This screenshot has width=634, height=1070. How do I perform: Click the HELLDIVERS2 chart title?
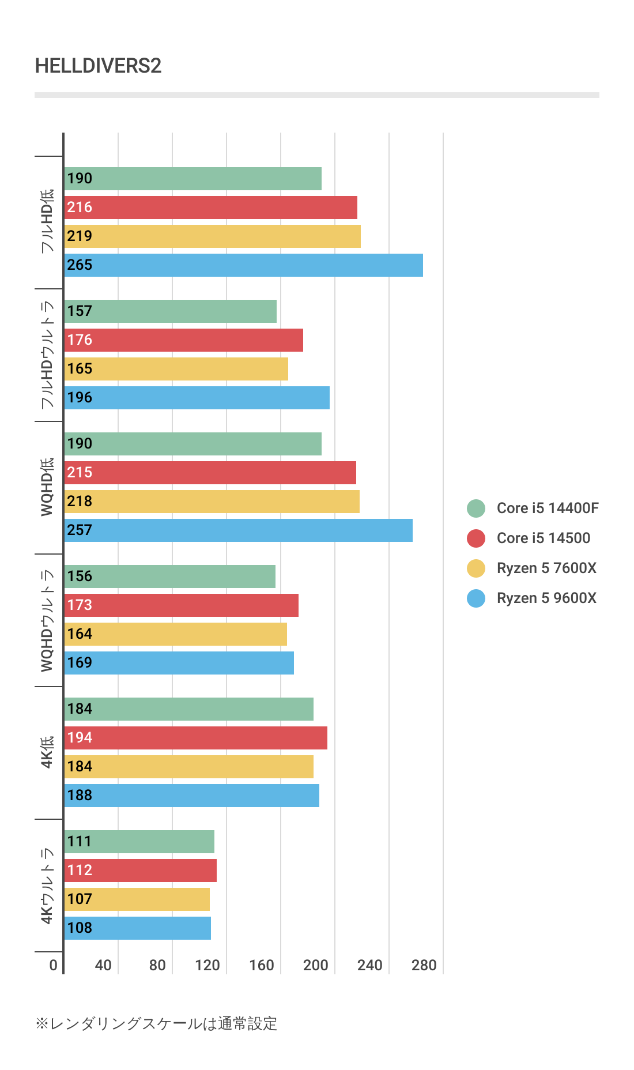click(98, 66)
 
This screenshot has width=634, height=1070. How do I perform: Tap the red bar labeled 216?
click(210, 208)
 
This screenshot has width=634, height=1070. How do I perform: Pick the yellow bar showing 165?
click(176, 369)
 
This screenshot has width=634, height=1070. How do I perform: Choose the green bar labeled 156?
click(169, 577)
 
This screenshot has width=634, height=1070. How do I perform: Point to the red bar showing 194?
click(195, 738)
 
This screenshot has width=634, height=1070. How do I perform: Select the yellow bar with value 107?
click(137, 899)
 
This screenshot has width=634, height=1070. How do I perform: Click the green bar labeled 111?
click(139, 842)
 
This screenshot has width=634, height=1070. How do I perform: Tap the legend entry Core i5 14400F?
click(547, 508)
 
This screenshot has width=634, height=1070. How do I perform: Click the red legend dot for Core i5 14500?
click(476, 538)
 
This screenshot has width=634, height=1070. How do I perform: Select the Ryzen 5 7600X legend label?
click(546, 568)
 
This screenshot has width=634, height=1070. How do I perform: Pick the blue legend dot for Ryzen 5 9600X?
click(476, 598)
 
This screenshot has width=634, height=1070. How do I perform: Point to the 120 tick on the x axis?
click(207, 965)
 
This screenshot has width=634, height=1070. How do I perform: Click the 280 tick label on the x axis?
click(424, 965)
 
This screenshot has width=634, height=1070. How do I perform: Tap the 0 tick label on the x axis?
click(53, 965)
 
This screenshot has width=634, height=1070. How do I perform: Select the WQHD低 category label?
click(47, 487)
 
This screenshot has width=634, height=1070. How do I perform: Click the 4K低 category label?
click(47, 752)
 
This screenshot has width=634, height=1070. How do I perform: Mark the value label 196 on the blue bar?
click(80, 398)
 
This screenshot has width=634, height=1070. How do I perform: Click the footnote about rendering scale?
click(156, 1023)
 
